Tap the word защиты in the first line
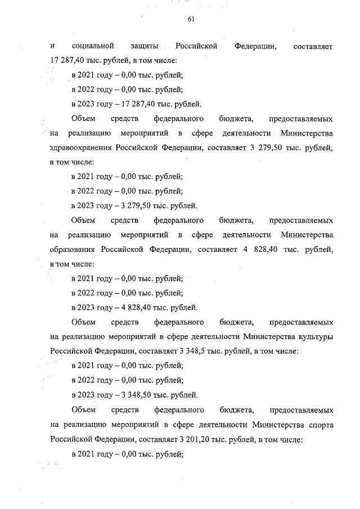click(145, 45)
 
